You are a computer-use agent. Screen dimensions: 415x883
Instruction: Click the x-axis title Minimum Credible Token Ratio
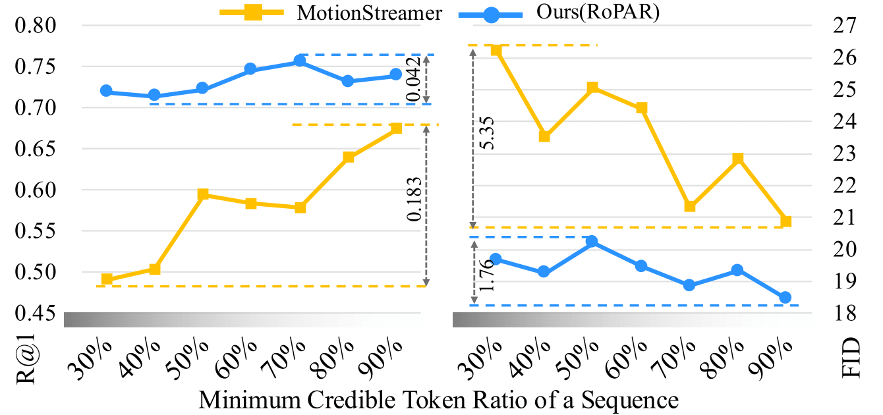(x=438, y=400)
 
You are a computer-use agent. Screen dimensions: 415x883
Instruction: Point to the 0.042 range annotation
(x=414, y=79)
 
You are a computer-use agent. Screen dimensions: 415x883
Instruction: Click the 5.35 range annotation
(x=489, y=134)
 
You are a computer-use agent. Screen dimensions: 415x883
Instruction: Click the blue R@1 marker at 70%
(x=299, y=61)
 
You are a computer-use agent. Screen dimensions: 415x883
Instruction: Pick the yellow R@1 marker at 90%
(x=396, y=128)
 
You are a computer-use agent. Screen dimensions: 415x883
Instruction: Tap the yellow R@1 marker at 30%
(x=107, y=279)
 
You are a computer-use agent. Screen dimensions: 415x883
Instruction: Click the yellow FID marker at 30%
(x=497, y=50)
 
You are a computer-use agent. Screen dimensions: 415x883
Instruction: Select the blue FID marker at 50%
(x=592, y=242)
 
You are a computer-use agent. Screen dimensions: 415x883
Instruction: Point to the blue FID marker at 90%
(x=785, y=298)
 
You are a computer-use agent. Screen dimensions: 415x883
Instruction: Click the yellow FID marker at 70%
(x=690, y=206)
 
